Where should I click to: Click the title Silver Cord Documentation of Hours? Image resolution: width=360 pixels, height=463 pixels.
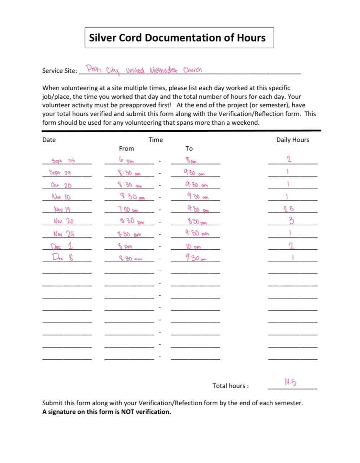coord(177,38)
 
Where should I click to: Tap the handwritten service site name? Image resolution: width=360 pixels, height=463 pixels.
coord(144,69)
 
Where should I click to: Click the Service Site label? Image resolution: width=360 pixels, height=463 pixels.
coord(59,71)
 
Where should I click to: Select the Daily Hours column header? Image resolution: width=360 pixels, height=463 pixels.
coord(292,140)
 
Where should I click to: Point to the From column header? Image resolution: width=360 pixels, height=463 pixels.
coord(126,149)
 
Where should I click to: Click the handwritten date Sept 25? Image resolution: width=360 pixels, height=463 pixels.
coord(63,161)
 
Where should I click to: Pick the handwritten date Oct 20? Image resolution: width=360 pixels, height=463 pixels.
coord(61,185)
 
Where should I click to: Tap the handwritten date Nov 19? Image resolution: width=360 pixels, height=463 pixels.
coord(62,209)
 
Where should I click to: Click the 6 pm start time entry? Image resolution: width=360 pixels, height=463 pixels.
coord(125,160)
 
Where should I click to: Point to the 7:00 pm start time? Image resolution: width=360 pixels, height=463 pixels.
coord(128,209)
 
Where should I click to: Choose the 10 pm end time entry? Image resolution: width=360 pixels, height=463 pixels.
coord(193,247)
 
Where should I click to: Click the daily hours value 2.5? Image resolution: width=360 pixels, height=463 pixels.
coord(289,209)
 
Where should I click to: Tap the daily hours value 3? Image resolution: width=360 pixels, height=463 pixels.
coord(291,220)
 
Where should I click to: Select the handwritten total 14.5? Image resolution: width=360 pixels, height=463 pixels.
coord(290,382)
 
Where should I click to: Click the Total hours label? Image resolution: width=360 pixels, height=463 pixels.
coord(230,386)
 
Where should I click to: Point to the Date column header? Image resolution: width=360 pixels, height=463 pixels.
coord(49,140)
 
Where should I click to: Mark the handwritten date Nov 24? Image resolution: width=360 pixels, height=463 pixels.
coord(64,234)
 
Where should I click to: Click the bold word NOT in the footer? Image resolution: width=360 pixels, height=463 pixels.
coord(128,412)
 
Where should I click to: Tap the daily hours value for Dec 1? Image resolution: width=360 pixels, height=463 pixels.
coord(291,246)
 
